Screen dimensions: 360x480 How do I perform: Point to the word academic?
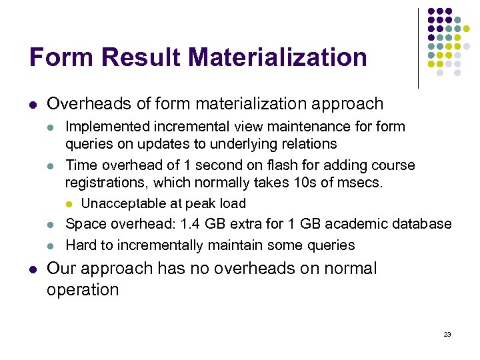click(x=333, y=224)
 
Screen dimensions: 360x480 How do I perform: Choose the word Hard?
click(x=81, y=245)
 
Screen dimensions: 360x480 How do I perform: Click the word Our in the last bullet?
click(x=62, y=269)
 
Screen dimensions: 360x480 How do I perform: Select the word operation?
click(x=83, y=290)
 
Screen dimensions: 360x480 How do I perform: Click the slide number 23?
click(x=447, y=334)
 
